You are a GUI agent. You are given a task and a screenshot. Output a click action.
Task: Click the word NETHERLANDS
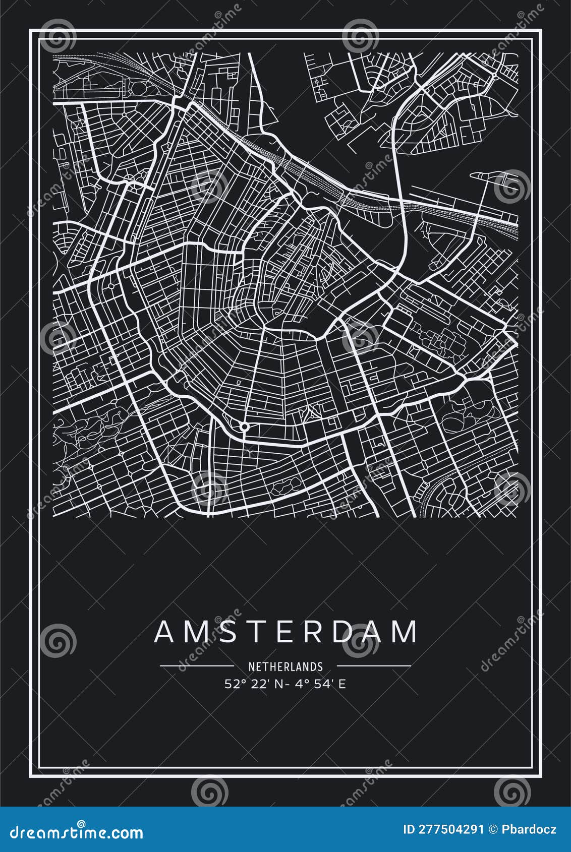tap(285, 666)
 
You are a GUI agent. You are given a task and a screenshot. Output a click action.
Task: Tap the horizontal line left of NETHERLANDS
tap(197, 666)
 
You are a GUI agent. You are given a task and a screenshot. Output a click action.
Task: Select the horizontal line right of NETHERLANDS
tap(374, 666)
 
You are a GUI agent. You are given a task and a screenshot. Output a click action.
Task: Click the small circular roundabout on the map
tap(244, 427)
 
